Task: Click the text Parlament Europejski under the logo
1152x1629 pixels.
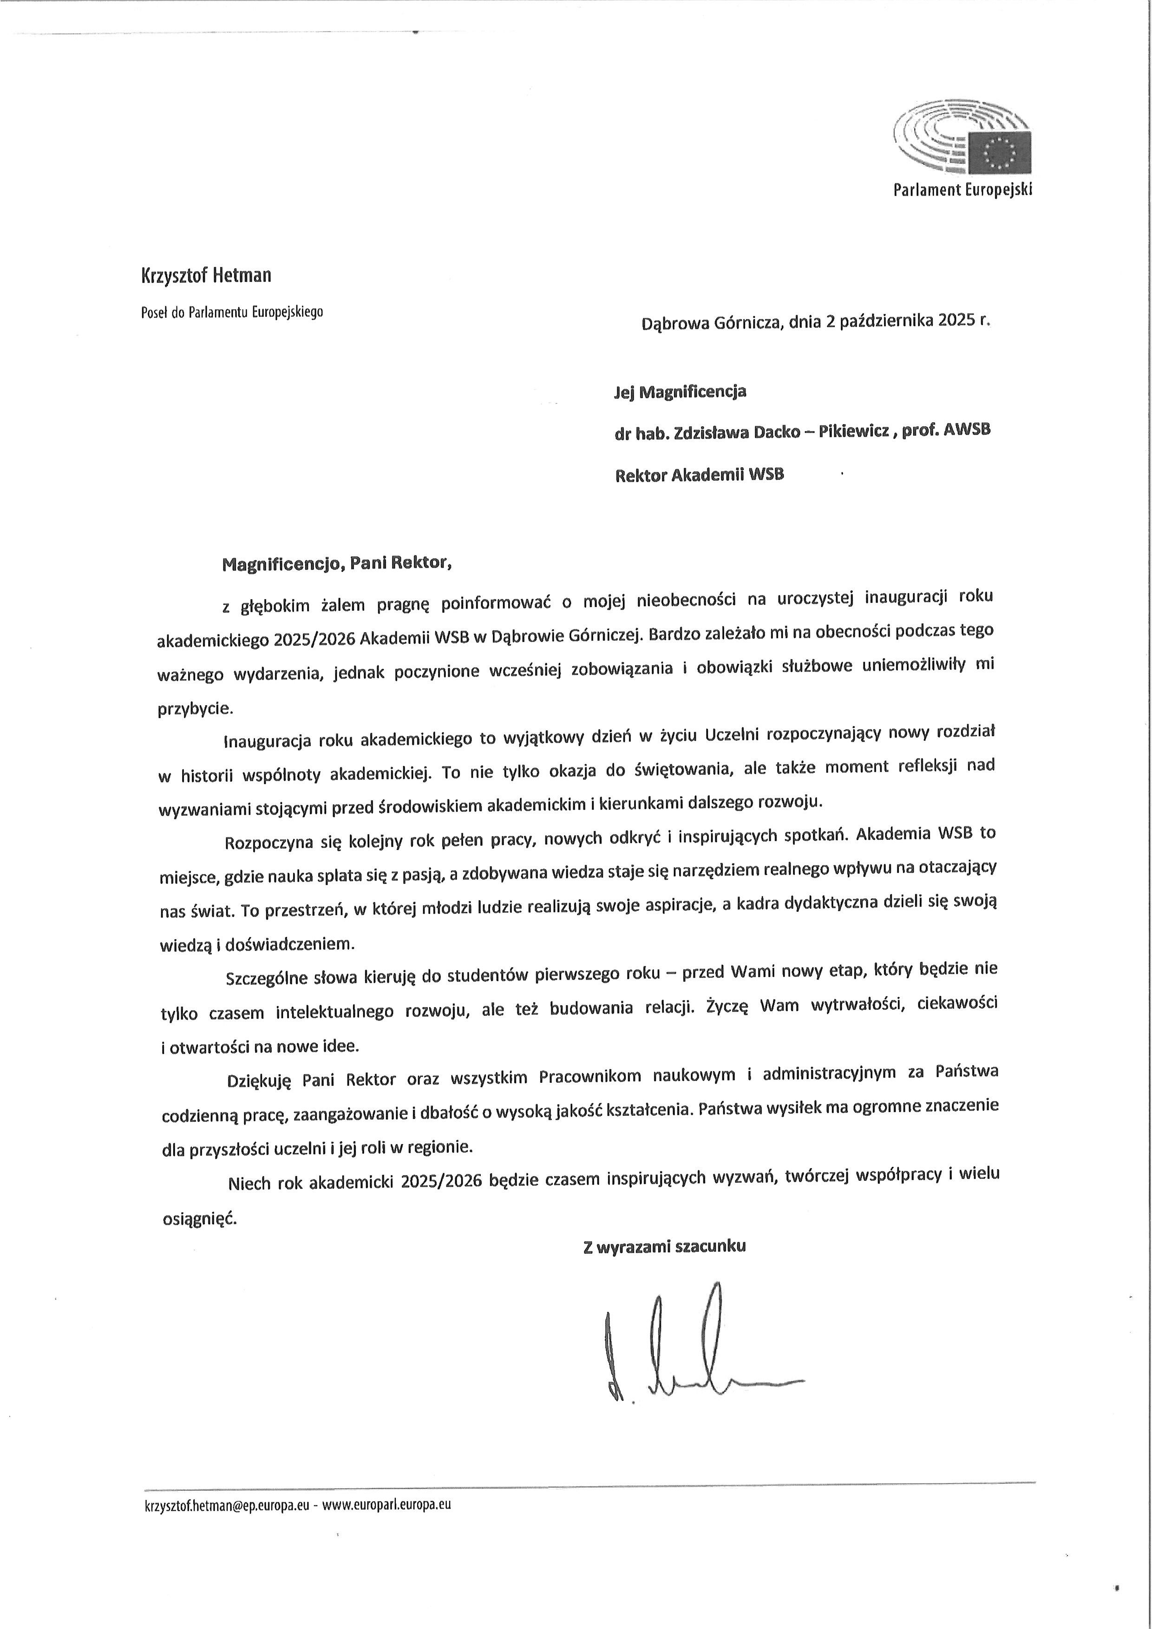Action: (962, 190)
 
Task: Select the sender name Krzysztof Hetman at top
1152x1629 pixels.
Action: (206, 275)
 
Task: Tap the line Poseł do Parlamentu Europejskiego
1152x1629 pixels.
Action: (232, 312)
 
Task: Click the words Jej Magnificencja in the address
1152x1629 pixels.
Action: (680, 392)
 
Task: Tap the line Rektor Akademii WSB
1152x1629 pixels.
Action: (699, 475)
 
